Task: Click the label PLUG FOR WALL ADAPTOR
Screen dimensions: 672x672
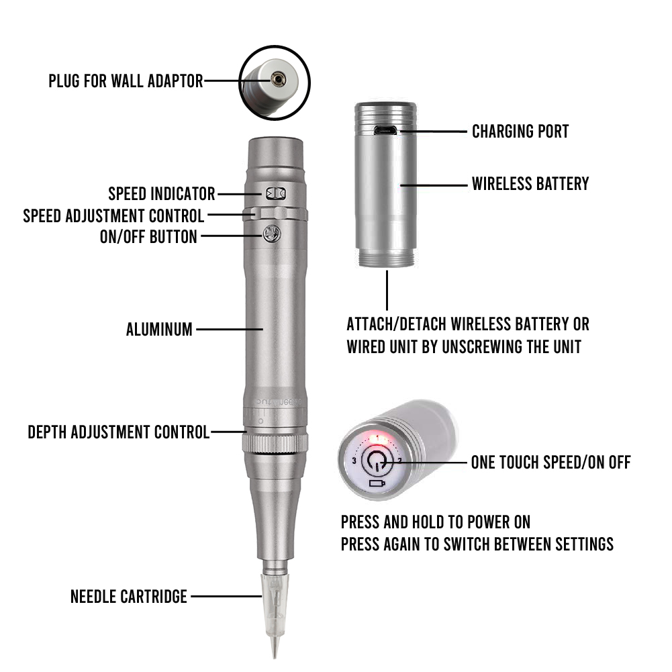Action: (126, 81)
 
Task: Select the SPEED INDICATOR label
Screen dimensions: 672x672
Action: (162, 194)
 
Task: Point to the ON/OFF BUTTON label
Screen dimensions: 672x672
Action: (148, 236)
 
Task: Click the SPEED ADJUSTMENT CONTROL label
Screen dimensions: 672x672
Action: (113, 215)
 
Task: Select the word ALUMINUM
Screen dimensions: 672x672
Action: (159, 330)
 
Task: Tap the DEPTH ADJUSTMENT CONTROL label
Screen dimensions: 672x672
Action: (119, 432)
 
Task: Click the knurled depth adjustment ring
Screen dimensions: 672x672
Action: (276, 442)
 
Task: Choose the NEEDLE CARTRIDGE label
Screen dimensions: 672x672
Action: (129, 596)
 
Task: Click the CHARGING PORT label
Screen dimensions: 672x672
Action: (520, 131)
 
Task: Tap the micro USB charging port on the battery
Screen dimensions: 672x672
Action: (385, 130)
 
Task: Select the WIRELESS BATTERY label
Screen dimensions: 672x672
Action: (530, 183)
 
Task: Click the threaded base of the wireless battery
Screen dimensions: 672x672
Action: (386, 258)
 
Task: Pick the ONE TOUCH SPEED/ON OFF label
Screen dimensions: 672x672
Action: (550, 462)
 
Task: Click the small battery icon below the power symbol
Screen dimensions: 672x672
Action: (377, 483)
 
